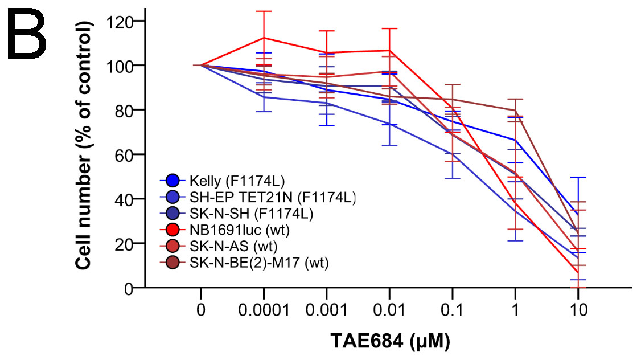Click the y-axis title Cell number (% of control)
85,153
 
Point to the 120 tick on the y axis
120,21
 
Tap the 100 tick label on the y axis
120,66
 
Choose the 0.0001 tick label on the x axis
264,312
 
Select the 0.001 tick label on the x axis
326,312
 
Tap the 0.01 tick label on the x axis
389,312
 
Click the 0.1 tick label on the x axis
452,312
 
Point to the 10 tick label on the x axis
578,312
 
